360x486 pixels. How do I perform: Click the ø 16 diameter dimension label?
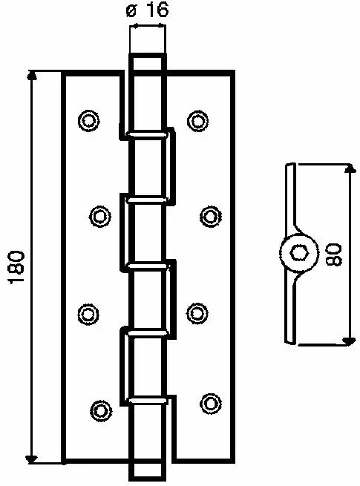click(x=147, y=10)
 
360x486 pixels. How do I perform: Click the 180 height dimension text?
click(x=16, y=267)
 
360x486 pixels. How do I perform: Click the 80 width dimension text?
click(x=333, y=255)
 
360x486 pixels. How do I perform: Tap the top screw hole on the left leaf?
click(x=88, y=120)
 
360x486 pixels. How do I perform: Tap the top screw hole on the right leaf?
click(x=198, y=120)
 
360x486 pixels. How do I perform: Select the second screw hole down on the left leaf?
click(x=100, y=216)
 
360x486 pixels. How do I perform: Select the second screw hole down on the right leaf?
click(x=211, y=216)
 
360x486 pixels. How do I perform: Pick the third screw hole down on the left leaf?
click(x=88, y=314)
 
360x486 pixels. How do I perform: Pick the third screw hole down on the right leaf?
click(x=197, y=314)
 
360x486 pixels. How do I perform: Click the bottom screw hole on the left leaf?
click(x=101, y=410)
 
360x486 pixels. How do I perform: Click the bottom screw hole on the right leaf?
click(x=211, y=403)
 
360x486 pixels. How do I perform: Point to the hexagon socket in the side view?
click(x=299, y=252)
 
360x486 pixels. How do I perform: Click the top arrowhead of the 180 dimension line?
click(x=32, y=76)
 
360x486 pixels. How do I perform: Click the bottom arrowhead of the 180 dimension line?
click(x=31, y=459)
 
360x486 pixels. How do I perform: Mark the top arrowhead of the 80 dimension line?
click(x=350, y=168)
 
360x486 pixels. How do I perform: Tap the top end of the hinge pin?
click(x=147, y=55)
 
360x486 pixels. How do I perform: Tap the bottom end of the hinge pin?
click(x=147, y=480)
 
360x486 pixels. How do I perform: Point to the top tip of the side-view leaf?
click(x=290, y=164)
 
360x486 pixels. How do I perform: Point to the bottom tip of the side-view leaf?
click(x=290, y=343)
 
